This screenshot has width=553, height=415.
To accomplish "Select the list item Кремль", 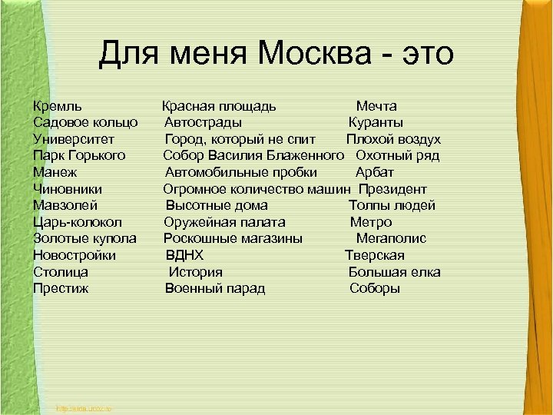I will coord(58,106).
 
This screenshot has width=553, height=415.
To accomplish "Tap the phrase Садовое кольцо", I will coord(85,122).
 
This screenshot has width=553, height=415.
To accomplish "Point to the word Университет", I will coord(74,139).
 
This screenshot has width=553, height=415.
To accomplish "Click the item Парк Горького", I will coord(79,156).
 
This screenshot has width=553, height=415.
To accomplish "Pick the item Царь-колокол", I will coord(78,222).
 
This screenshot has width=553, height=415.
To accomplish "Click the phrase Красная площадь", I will coord(219,106).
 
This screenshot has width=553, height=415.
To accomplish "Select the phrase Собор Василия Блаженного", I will coord(253,156).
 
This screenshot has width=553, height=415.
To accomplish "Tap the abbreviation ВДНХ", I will coord(185,255).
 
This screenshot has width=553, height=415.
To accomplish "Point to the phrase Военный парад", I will coord(215,289).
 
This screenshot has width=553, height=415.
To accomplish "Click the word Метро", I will coord(370,222).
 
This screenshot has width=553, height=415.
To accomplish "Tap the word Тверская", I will coord(374,255).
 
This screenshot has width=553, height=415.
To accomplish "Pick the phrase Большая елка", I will coord(394,272).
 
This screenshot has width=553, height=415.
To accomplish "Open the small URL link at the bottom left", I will coord(84,408).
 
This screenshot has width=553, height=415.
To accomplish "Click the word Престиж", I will coord(61,289).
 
